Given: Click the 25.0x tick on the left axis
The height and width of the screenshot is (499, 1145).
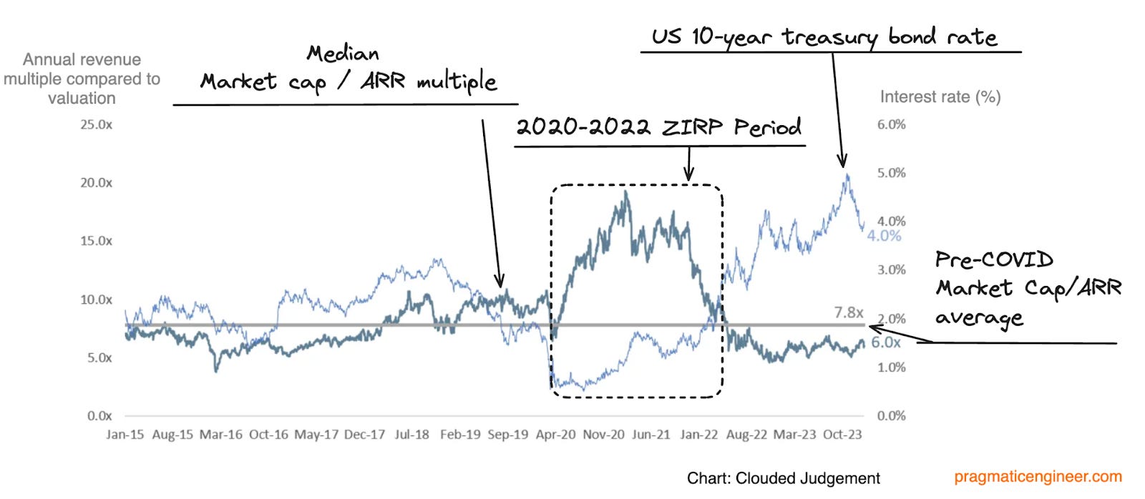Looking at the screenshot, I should coord(96,124).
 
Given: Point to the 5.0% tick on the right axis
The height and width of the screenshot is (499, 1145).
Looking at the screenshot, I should coord(891,173).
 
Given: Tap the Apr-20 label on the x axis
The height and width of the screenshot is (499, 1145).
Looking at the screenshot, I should coord(555,435).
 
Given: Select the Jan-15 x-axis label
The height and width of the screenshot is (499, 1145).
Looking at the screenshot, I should coord(125,435).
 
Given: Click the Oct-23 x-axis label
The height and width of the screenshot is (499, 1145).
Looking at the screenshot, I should coord(842,435).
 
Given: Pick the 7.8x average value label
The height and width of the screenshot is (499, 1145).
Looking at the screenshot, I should coord(849,312).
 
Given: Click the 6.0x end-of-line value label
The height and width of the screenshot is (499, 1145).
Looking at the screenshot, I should coord(886,342).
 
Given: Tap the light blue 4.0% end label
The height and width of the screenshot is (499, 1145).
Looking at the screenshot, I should coord(885,236).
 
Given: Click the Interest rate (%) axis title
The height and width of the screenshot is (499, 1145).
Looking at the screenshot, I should coord(940,97).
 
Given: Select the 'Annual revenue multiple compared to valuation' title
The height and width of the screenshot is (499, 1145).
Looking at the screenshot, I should coord(82,79).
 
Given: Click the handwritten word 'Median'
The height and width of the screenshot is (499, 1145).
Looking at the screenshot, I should coord(343,54).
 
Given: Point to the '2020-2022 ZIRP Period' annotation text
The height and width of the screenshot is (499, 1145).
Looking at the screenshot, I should coord(658,127).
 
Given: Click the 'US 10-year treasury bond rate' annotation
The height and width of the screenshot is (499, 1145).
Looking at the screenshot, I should coord(824,36).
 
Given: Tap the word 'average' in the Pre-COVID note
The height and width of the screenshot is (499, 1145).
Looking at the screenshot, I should coord(979,317).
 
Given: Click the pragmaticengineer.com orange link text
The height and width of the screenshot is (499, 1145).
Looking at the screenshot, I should coord(1038,477).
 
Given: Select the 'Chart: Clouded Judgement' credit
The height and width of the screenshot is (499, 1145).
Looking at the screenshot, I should coord(783,478).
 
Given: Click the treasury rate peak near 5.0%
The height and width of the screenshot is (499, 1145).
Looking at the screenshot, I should coord(847,174).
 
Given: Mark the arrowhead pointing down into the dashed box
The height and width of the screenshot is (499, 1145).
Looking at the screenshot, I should coord(688,177).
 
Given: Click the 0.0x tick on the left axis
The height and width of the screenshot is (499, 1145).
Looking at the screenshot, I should coord(99,416).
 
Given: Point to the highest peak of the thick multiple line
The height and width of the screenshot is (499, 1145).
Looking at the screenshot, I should coord(626,192).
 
